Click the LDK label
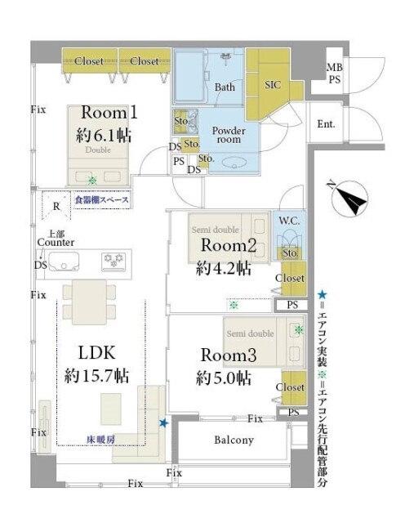coord(96,352)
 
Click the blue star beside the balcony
coord(164,422)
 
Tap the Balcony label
coord(234,440)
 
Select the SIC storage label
coord(274,83)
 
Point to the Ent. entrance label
coord(327,125)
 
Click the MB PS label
coord(335,74)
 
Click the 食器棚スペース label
coord(102,199)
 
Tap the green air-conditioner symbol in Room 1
coord(92,181)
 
